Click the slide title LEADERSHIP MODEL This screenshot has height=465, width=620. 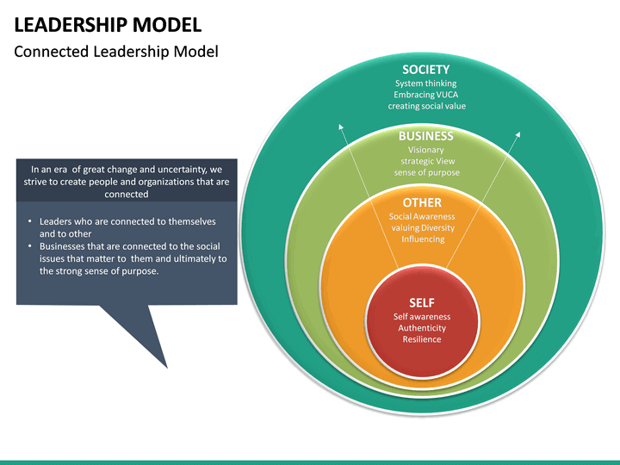[x=108, y=24]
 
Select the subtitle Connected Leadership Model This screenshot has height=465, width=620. [x=116, y=52]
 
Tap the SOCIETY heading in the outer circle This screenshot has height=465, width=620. [x=425, y=69]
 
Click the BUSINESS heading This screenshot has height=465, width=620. [x=425, y=136]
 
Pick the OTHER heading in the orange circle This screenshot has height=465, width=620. [x=422, y=202]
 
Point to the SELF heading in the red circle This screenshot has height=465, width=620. [x=422, y=303]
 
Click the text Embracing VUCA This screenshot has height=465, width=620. [x=425, y=95]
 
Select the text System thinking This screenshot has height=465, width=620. [x=425, y=84]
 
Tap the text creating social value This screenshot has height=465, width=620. [x=425, y=106]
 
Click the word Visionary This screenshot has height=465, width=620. [x=425, y=150]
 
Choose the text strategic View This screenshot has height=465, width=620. [x=427, y=161]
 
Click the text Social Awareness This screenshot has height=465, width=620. [x=422, y=217]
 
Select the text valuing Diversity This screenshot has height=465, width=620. [x=422, y=228]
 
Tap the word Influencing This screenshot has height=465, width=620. [x=422, y=239]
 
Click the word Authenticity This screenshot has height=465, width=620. [x=422, y=328]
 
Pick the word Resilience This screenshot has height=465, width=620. [x=422, y=339]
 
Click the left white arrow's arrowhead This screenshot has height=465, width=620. [x=341, y=127]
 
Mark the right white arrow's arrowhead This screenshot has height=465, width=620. [x=519, y=133]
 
